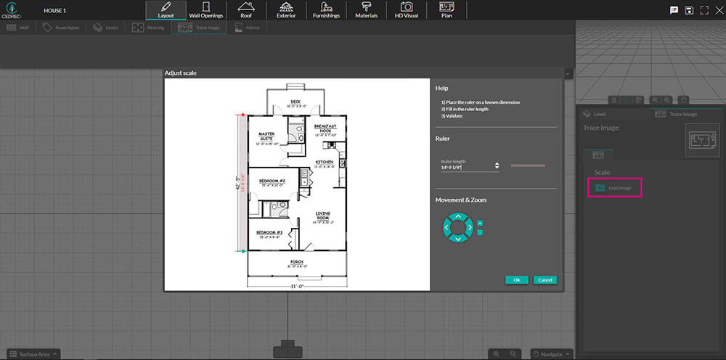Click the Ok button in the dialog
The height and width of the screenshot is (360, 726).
pyautogui.click(x=516, y=279)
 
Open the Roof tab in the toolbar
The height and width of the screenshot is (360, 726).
pyautogui.click(x=245, y=10)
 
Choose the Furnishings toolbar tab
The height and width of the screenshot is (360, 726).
pyautogui.click(x=326, y=10)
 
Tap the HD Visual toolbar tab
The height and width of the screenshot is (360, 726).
pyautogui.click(x=407, y=10)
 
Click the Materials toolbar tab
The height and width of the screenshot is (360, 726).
pyautogui.click(x=366, y=10)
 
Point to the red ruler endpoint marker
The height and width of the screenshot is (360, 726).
pyautogui.click(x=242, y=115)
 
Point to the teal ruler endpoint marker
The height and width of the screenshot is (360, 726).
pyautogui.click(x=242, y=251)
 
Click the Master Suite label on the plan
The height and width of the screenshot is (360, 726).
pyautogui.click(x=266, y=135)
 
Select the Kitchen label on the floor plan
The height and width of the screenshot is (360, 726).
pyautogui.click(x=324, y=162)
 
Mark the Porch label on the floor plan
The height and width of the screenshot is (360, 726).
pyautogui.click(x=297, y=261)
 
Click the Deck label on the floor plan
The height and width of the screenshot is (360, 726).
pyautogui.click(x=295, y=102)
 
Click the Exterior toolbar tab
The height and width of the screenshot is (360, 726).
pyautogui.click(x=286, y=10)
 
